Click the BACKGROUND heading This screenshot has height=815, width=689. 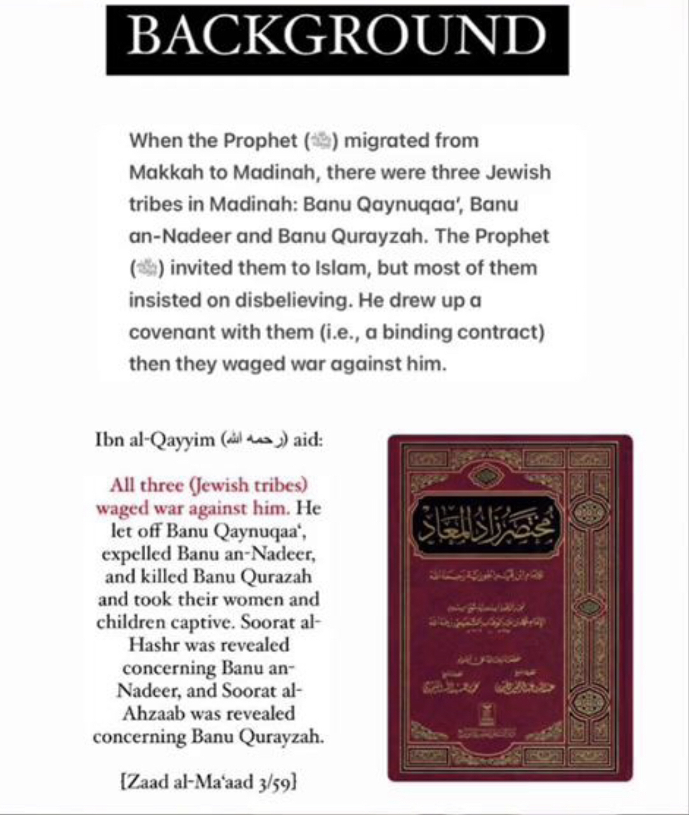click(337, 39)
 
